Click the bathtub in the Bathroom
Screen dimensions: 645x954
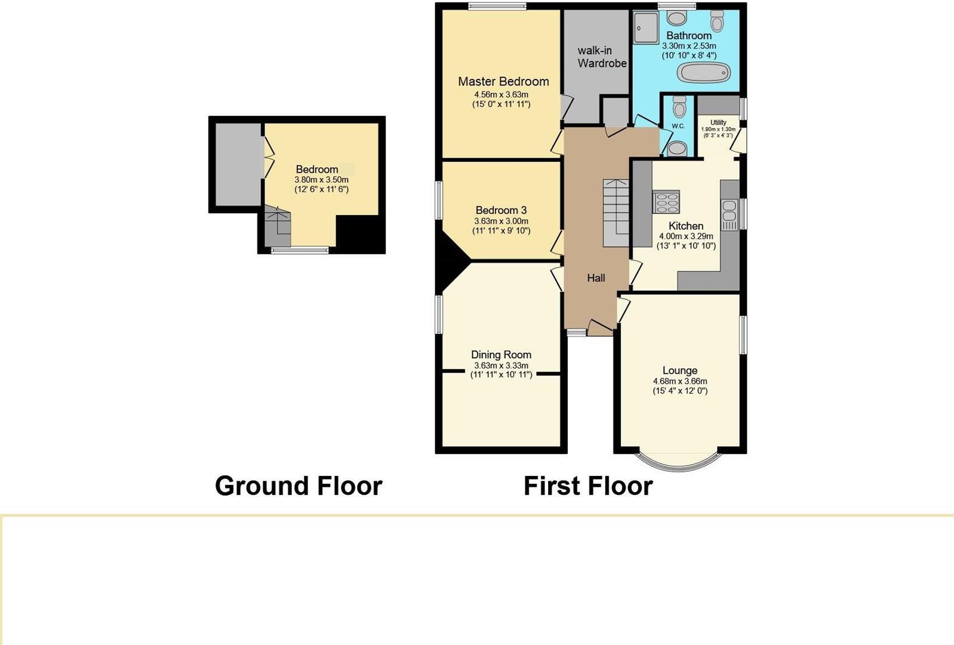point(704,73)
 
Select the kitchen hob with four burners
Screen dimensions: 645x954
point(666,201)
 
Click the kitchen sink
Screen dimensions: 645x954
point(730,215)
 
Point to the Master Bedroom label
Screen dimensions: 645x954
point(503,81)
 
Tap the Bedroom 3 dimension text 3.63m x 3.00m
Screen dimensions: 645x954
point(501,221)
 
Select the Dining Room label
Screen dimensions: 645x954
point(501,354)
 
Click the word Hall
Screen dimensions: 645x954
point(596,278)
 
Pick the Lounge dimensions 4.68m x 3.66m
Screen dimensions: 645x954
point(680,381)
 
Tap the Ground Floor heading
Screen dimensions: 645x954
point(298,486)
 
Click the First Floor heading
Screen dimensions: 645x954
point(588,486)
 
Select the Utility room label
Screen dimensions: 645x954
point(718,122)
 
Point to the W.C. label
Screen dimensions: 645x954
point(678,126)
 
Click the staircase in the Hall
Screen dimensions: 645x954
point(616,213)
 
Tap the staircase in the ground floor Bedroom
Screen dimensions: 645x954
point(277,226)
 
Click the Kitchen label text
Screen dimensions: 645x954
point(685,226)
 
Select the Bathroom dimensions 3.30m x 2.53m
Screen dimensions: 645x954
point(689,45)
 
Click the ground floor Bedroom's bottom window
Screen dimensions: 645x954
point(300,250)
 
